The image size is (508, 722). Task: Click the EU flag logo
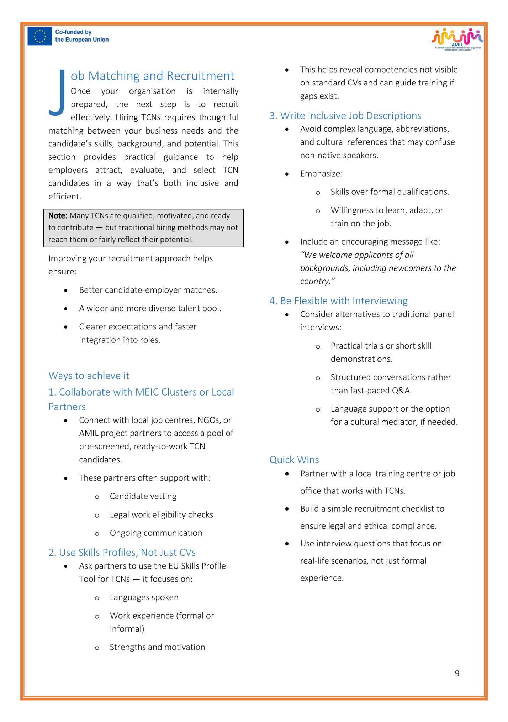(x=39, y=36)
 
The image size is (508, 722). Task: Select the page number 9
(x=457, y=673)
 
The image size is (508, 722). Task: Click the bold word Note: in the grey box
(x=58, y=216)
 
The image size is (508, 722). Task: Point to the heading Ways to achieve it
(x=89, y=376)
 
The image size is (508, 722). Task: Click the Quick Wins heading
(x=294, y=460)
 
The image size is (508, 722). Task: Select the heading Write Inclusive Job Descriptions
(x=350, y=116)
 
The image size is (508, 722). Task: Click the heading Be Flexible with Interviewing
(x=344, y=301)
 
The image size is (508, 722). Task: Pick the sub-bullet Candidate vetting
(x=143, y=496)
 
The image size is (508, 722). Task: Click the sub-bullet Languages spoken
(x=144, y=597)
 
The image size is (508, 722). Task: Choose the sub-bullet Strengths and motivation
(x=157, y=647)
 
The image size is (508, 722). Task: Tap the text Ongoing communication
(x=156, y=533)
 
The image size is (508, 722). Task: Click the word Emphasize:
(x=321, y=174)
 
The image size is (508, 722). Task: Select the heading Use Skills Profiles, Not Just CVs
(x=127, y=553)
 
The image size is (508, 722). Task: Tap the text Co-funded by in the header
(x=73, y=32)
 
